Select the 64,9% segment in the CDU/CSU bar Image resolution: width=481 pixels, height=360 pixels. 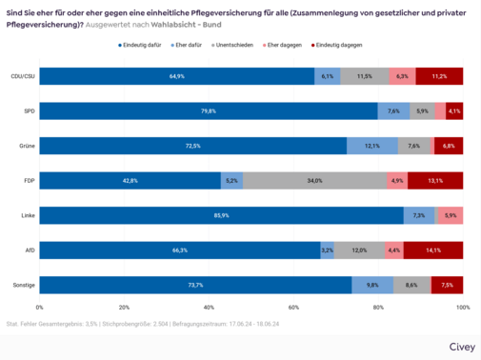pyautogui.click(x=176, y=76)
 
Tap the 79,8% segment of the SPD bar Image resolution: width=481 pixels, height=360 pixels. pyautogui.click(x=208, y=111)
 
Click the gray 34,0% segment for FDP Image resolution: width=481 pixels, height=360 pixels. pyautogui.click(x=314, y=181)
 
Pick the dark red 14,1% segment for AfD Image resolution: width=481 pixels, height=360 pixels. pyautogui.click(x=433, y=250)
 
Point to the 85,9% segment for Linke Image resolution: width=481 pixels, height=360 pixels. pyautogui.click(x=221, y=216)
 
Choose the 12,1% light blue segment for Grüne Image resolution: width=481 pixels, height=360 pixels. pyautogui.click(x=372, y=146)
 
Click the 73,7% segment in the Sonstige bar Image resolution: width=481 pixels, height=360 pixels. pyautogui.click(x=195, y=285)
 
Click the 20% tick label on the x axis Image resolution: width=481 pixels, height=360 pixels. pyautogui.click(x=124, y=309)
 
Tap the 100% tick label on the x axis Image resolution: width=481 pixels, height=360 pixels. pyautogui.click(x=462, y=309)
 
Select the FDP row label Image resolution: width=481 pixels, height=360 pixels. pyautogui.click(x=29, y=181)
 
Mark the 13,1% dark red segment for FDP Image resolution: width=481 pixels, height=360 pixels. pyautogui.click(x=435, y=181)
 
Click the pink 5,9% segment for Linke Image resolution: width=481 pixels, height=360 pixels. pyautogui.click(x=451, y=216)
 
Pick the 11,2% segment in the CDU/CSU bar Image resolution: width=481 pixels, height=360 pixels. pyautogui.click(x=439, y=76)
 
